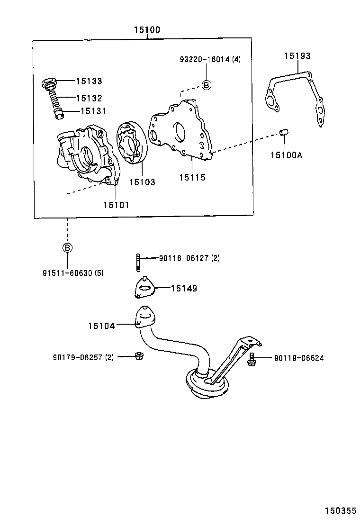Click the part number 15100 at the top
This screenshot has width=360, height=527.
[146, 30]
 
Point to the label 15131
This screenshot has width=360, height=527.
[93, 111]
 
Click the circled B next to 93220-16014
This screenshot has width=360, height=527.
[207, 85]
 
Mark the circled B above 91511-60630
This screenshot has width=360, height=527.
[67, 247]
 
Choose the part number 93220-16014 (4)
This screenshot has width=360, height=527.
[210, 60]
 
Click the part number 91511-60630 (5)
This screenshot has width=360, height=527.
[73, 273]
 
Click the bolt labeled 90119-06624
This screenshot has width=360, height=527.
[252, 360]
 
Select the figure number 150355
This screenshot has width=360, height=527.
[340, 511]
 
